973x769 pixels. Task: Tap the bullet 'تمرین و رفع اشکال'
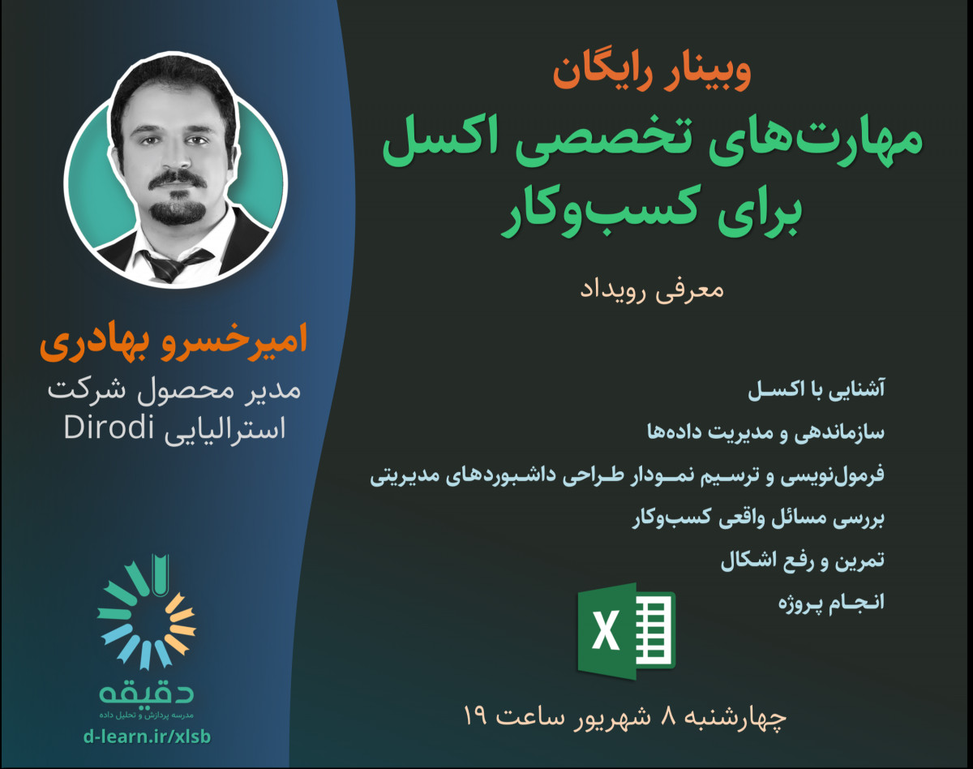click(803, 561)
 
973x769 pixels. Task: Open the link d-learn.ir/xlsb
click(146, 737)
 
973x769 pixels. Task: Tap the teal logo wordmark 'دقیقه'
click(147, 691)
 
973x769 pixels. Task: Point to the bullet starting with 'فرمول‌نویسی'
click(628, 476)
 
